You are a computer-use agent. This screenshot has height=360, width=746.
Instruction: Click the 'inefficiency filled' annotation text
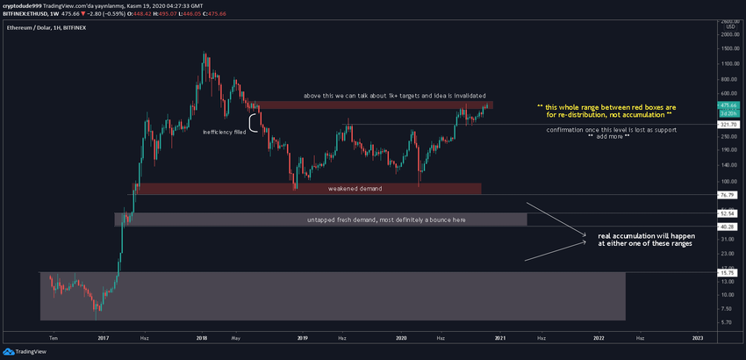(226, 132)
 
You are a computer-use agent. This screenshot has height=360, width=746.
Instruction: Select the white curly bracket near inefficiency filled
(255, 123)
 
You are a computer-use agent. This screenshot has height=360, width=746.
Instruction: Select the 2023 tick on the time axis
(698, 337)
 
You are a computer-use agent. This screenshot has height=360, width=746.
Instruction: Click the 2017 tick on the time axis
(104, 337)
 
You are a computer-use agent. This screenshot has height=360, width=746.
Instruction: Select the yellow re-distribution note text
(606, 112)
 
